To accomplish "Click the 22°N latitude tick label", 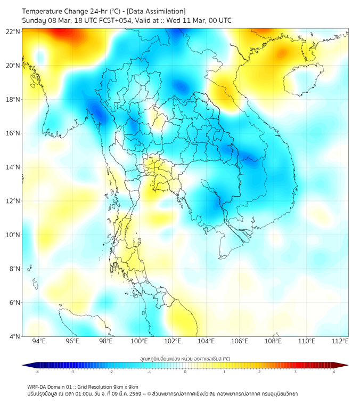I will point(13,31).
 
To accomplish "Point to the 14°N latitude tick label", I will point(13,167).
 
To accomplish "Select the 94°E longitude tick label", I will point(39,342).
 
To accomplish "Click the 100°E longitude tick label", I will point(140,342).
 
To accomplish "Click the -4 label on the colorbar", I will point(37,372).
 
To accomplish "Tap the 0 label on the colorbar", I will point(185,372).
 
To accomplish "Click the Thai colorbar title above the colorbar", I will point(185,359).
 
